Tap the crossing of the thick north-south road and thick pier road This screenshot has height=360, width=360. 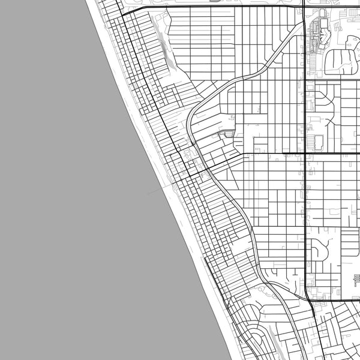tap(305, 153)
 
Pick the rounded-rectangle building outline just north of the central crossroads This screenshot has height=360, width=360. tap(319, 142)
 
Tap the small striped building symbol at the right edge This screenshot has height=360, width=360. tap(357, 280)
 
